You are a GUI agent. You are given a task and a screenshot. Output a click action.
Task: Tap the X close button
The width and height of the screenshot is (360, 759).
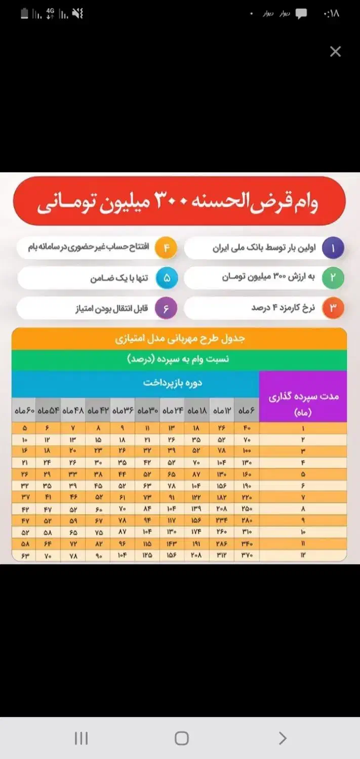point(335,52)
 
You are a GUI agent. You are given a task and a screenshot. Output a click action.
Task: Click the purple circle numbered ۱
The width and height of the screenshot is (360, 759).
point(333,248)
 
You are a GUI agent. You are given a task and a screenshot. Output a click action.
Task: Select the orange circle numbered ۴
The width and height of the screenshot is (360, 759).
point(166,248)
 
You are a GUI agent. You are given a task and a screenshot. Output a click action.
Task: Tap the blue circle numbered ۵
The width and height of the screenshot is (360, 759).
point(167,278)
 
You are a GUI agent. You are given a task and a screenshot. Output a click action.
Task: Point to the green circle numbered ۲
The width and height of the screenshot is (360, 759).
point(333,278)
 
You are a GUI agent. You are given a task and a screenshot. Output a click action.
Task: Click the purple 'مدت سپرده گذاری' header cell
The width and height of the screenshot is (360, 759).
point(303,403)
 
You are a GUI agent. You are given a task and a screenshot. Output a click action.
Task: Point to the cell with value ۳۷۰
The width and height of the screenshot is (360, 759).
point(247,556)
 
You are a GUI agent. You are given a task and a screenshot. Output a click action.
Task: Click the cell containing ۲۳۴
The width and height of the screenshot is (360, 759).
point(222,522)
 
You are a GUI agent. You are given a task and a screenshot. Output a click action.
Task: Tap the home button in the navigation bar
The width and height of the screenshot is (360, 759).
point(181,738)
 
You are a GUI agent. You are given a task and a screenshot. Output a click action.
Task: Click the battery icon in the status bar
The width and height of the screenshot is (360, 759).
point(24,14)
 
